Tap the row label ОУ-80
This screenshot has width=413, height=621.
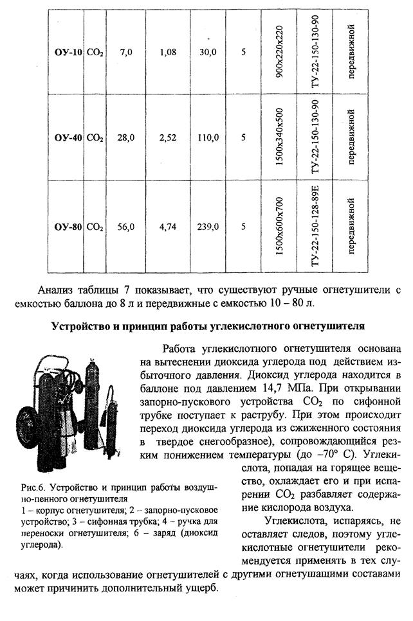68,226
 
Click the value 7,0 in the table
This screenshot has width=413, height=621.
125,51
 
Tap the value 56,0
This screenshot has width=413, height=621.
125,226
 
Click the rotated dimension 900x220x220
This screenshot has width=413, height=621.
279,49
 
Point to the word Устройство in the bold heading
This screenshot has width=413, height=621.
80,326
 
